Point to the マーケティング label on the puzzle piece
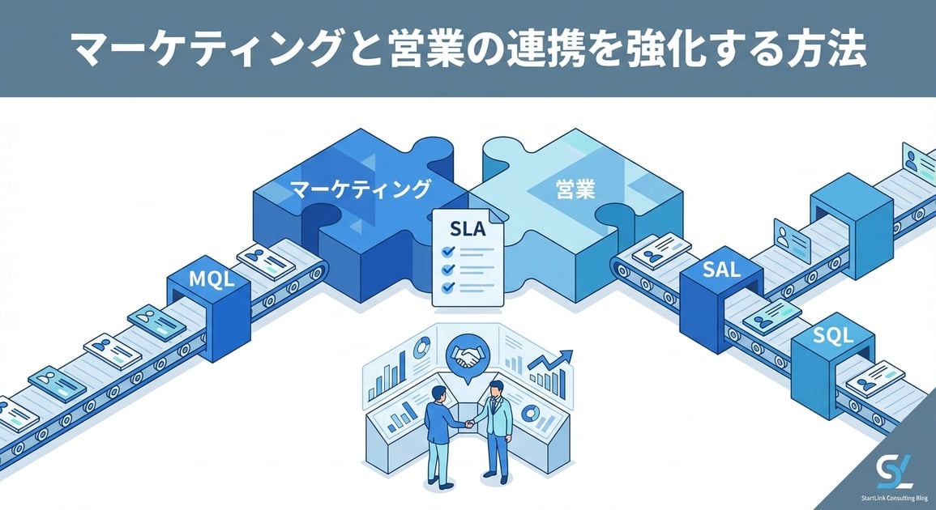[x=360, y=190]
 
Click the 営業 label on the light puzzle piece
[x=575, y=190]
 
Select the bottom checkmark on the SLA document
[x=447, y=287]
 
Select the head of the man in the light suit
[x=495, y=389]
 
